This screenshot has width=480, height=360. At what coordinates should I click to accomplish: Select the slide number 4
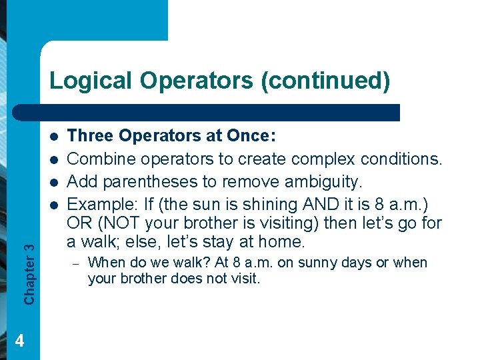(19, 341)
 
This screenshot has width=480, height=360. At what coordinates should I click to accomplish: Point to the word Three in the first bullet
(89, 137)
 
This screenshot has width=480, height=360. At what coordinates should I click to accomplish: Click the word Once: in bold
(251, 137)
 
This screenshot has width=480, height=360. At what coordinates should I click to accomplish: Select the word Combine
(98, 159)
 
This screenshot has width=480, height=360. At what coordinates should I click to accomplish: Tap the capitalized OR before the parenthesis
(79, 222)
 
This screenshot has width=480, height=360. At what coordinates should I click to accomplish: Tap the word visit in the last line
(245, 278)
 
